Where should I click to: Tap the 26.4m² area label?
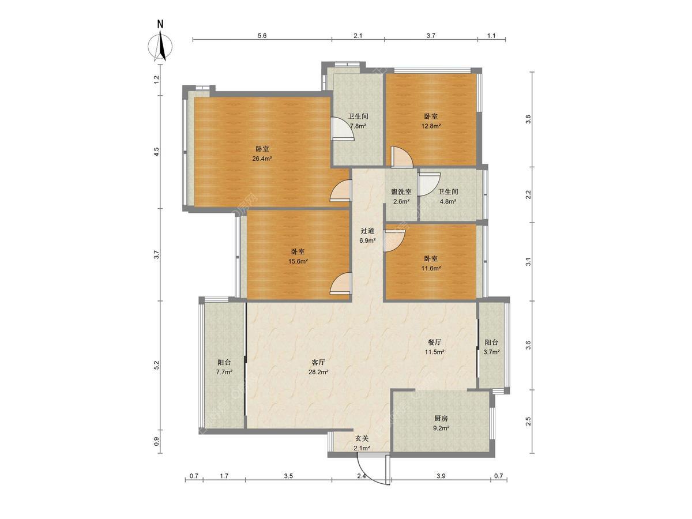(x=262, y=159)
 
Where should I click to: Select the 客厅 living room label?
(x=318, y=362)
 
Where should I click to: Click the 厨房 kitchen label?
(x=441, y=419)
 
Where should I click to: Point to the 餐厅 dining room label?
(x=434, y=342)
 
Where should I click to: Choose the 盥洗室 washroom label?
(x=401, y=191)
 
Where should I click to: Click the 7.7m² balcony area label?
(x=224, y=372)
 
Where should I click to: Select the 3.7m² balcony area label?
(x=491, y=352)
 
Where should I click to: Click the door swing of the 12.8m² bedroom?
(x=401, y=157)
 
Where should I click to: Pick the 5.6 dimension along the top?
(x=262, y=36)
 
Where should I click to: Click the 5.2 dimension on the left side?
(x=157, y=365)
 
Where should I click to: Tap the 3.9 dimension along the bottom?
(x=441, y=476)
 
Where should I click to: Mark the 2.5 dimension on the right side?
(x=529, y=421)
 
